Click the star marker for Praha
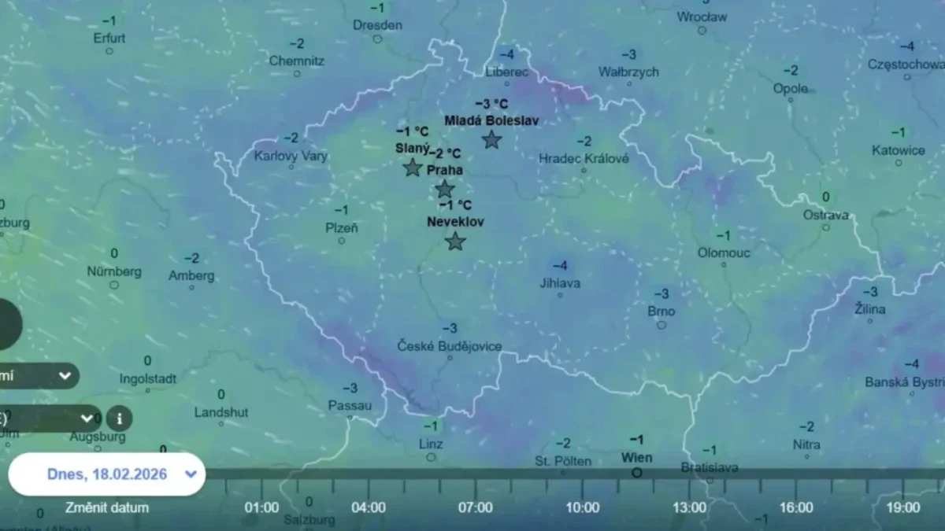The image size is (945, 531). [x=445, y=189]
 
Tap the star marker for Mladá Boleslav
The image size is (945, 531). [x=491, y=140]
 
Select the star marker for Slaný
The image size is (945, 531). [x=412, y=167]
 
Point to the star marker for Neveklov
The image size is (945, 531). [x=455, y=241]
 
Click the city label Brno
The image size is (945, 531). [x=661, y=311]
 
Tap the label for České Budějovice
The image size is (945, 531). [x=449, y=346]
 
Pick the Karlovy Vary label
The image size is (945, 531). [x=291, y=156]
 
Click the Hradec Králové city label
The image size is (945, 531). [x=584, y=158]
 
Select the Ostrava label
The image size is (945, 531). [x=826, y=215]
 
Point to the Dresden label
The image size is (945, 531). [x=377, y=25]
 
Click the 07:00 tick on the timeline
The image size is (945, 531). [x=475, y=507]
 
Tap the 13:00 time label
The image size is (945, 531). [x=689, y=507]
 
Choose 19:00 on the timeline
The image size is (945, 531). [x=902, y=507]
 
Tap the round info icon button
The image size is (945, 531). [x=120, y=419]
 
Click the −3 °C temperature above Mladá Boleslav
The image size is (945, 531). [x=491, y=104]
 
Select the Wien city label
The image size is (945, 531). [x=636, y=457]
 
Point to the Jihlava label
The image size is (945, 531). [x=560, y=282]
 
